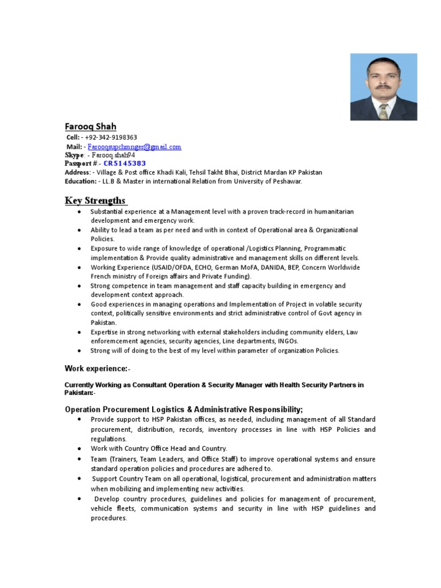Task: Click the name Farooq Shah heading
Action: [90, 126]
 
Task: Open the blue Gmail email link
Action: [134, 147]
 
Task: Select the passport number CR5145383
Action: [125, 164]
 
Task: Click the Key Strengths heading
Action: [95, 200]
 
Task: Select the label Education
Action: [80, 181]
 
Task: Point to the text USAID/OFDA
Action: [171, 268]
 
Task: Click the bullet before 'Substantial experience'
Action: [78, 212]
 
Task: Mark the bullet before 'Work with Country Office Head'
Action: [78, 448]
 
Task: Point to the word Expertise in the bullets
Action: [105, 332]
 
